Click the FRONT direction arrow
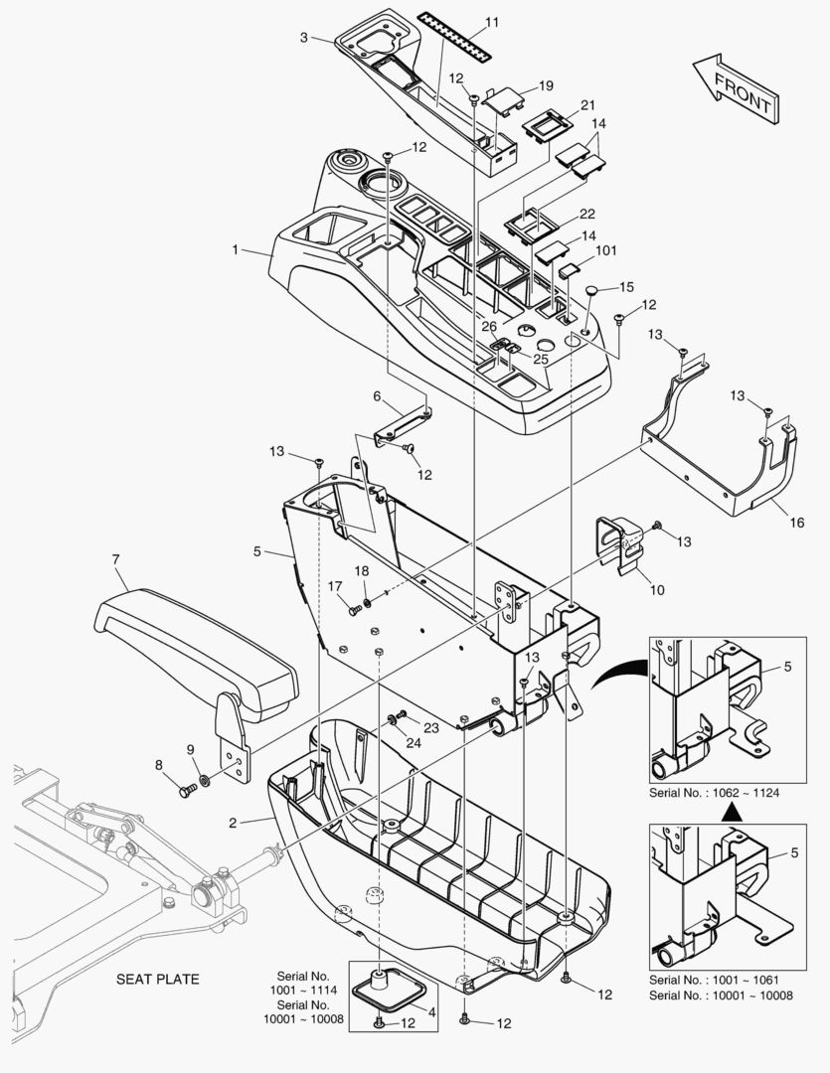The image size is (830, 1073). (x=737, y=88)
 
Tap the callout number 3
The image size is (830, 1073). (x=303, y=38)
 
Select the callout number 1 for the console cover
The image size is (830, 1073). (x=236, y=250)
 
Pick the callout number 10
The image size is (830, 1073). (x=657, y=590)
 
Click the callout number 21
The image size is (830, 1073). (x=587, y=105)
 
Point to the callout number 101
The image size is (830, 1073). (x=606, y=251)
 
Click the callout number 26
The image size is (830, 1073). (x=489, y=326)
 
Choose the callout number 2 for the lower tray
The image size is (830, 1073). (x=232, y=823)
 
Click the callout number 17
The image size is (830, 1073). (x=335, y=586)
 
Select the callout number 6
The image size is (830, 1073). (x=377, y=395)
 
